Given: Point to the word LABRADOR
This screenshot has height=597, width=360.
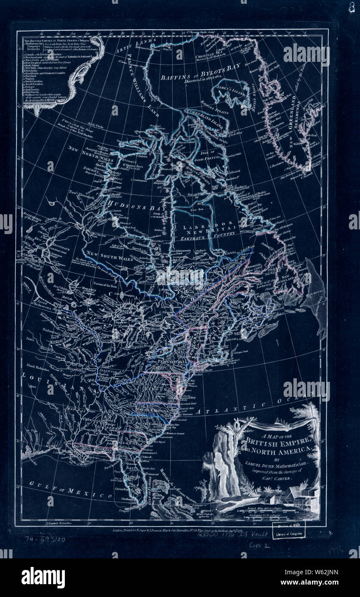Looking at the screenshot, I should click(x=201, y=226).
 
